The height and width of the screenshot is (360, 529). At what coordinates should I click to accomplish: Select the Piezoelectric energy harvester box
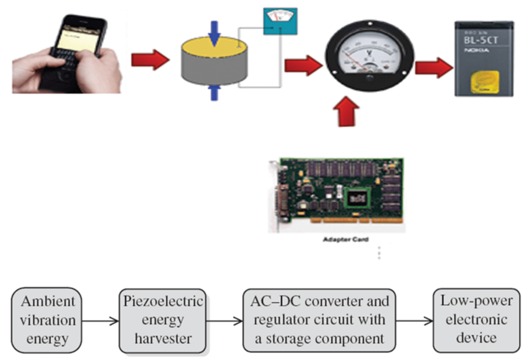163,320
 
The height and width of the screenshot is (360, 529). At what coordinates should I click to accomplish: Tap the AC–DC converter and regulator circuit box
316,320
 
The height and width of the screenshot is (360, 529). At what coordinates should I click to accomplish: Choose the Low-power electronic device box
477,320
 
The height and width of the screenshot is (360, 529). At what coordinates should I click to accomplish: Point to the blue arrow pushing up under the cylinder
215,91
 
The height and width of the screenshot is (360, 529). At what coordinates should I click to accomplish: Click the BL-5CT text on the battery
483,40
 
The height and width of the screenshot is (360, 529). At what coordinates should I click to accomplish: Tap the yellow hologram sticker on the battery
486,82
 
